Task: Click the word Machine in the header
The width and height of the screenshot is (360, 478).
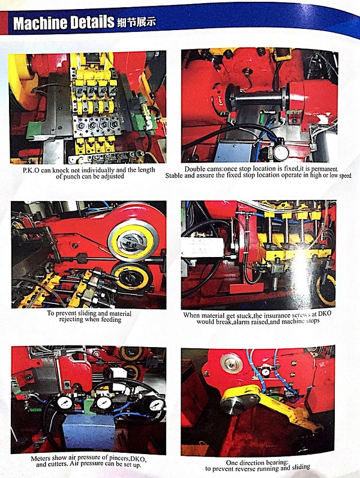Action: [x=40, y=23]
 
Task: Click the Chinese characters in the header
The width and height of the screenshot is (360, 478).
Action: [x=136, y=22]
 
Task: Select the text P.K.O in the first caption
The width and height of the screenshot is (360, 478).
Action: [x=31, y=171]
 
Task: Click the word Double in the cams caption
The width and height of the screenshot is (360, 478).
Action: [x=195, y=169]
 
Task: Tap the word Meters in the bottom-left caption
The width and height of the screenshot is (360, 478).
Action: [x=41, y=458]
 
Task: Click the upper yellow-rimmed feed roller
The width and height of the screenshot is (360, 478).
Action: [x=133, y=241]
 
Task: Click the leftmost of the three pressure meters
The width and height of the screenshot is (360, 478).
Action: [x=65, y=403]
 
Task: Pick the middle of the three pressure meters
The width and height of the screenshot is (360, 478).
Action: [x=104, y=403]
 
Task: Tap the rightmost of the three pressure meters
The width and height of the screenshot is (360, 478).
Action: [x=157, y=405]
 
